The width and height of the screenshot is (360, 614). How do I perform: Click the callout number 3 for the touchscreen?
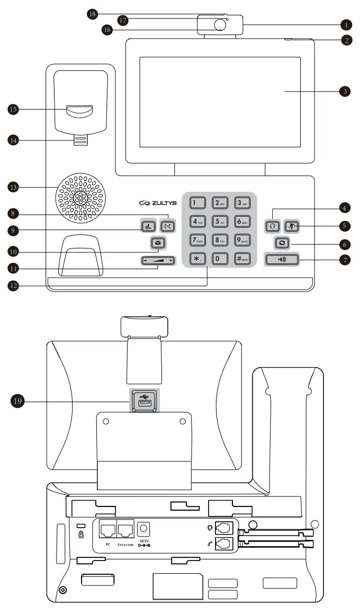pyautogui.click(x=345, y=91)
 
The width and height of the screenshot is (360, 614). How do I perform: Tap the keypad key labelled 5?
pyautogui.click(x=220, y=221)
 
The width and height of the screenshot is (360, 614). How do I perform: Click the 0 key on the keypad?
pyautogui.click(x=220, y=260)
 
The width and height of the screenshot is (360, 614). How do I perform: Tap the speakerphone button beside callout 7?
pyautogui.click(x=282, y=260)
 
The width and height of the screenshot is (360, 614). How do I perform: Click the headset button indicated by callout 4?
pyautogui.click(x=273, y=225)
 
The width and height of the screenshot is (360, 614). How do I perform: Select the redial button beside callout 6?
pyautogui.click(x=282, y=243)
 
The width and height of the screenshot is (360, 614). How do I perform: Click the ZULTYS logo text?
pyautogui.click(x=158, y=203)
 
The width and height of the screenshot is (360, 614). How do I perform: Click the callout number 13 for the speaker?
pyautogui.click(x=13, y=187)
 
